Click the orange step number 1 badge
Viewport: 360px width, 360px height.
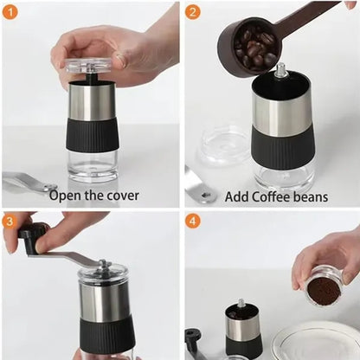10,12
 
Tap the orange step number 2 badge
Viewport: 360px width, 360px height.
193,12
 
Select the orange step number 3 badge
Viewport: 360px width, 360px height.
10,222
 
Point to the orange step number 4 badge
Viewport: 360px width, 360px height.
193,222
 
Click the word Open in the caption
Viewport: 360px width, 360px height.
66,196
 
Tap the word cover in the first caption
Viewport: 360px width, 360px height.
123,196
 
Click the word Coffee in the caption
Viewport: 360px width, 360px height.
271,196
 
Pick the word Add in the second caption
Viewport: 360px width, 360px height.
237,196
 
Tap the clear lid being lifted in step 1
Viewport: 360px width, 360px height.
89,65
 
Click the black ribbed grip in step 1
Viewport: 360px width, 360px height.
93,135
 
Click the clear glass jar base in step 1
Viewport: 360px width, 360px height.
93,165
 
